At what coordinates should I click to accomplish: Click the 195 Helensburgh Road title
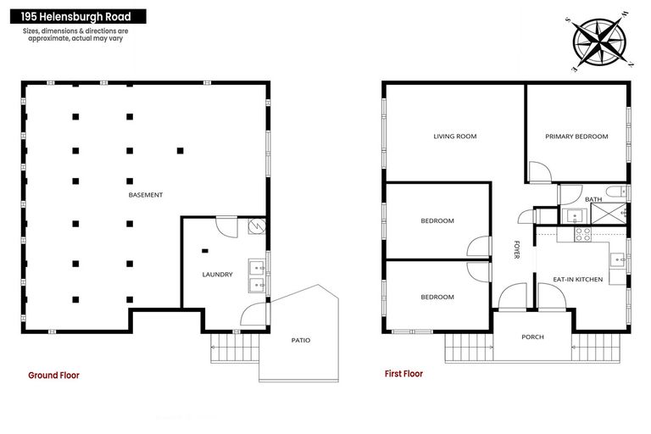pos(76,17)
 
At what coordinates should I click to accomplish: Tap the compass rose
pos(598,42)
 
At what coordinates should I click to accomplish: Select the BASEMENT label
pos(145,195)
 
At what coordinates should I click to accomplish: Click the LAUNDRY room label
pos(217,275)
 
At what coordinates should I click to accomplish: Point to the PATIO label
pos(301,340)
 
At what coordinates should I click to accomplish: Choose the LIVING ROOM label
pos(455,136)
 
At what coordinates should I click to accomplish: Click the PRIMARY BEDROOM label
pos(576,136)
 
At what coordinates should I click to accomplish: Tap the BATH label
pos(593,199)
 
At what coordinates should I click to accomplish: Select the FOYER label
pos(516,249)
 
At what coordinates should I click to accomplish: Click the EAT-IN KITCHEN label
pos(577,280)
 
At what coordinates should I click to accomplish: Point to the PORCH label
pos(532,337)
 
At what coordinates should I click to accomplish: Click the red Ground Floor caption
pos(53,375)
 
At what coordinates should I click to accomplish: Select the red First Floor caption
pos(403,374)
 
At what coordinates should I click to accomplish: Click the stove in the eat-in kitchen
pos(582,235)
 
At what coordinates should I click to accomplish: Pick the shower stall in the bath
pos(609,214)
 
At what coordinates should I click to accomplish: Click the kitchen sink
pos(618,260)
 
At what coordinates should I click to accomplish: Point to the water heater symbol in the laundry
pos(257,226)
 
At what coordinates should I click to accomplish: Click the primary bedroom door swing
pos(540,172)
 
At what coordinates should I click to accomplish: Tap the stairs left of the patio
pos(235,348)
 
